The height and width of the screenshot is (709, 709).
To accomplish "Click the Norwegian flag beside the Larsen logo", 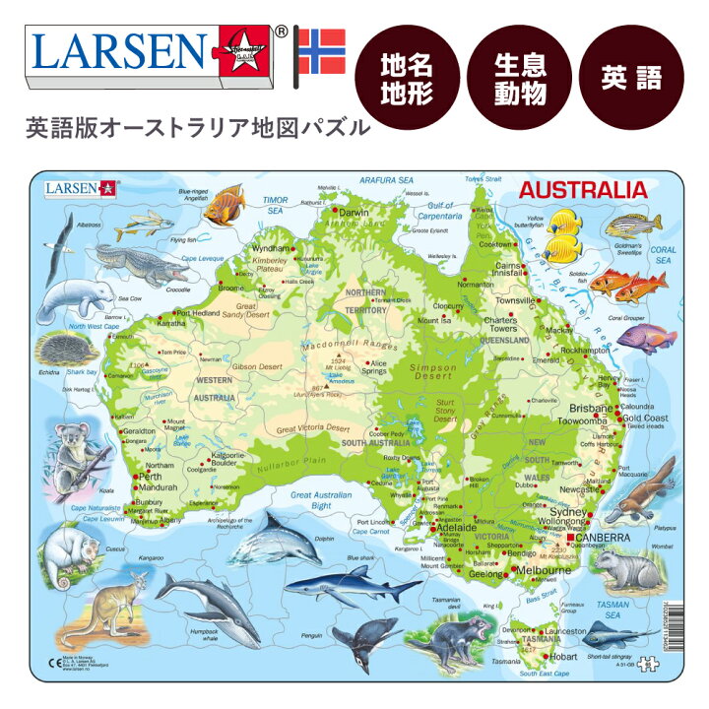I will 322,52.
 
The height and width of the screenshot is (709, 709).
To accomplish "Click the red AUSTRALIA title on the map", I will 583,190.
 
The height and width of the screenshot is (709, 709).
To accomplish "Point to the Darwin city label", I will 353,213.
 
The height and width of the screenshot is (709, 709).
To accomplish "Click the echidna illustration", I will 68,349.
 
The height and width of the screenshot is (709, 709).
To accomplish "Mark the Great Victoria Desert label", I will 312,428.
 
